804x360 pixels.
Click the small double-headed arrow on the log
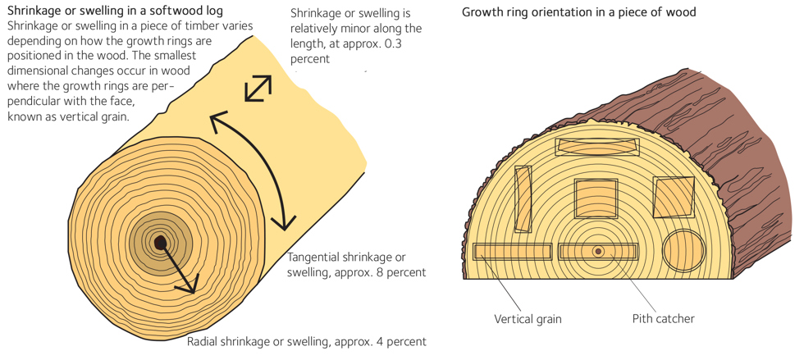pyautogui.click(x=258, y=88)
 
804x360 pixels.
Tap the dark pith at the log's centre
pyautogui.click(x=161, y=243)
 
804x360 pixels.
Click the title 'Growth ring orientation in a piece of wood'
pyautogui.click(x=578, y=12)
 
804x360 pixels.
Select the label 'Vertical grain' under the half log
pyautogui.click(x=528, y=318)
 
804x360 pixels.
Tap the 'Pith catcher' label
pyautogui.click(x=663, y=318)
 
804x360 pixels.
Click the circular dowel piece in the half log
pyautogui.click(x=683, y=249)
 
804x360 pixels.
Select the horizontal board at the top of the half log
pyautogui.click(x=597, y=147)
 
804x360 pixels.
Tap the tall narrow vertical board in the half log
pyautogui.click(x=523, y=198)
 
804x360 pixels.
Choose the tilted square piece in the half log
pyautogui.click(x=674, y=198)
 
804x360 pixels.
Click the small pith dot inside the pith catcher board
pyautogui.click(x=598, y=251)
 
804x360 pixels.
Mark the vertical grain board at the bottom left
pyautogui.click(x=511, y=251)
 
